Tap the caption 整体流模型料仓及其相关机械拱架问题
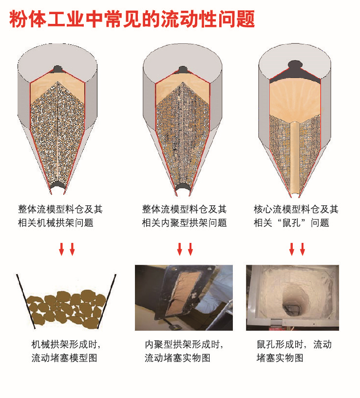tap(60, 216)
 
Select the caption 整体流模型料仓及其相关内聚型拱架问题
tap(184, 216)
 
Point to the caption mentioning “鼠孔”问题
tap(296, 216)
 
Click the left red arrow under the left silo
tap(61, 249)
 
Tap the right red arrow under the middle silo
tap(190, 249)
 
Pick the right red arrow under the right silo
tap(303, 249)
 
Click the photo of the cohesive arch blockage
tap(184, 298)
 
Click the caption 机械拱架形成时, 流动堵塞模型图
tap(66, 351)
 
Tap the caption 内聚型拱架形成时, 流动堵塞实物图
tap(184, 351)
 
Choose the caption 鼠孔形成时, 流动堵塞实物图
tap(294, 351)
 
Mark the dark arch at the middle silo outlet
tap(183, 186)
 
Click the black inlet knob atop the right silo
tap(295, 64)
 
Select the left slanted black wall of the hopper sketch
tap(26, 301)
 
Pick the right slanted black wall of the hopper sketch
tap(107, 301)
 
